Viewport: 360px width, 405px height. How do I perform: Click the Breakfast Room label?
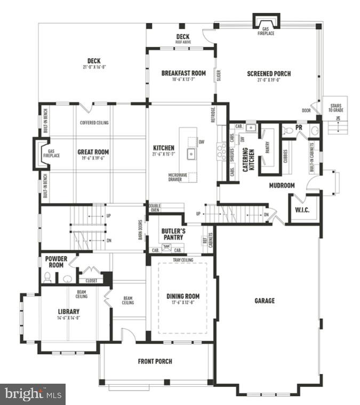[183, 73]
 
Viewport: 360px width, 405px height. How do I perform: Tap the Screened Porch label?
[269, 74]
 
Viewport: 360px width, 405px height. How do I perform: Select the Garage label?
[265, 301]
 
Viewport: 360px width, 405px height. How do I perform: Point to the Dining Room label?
[183, 296]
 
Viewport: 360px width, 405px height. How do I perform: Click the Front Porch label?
[155, 361]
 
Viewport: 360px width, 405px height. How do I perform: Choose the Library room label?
[69, 312]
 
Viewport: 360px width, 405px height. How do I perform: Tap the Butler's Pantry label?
[173, 234]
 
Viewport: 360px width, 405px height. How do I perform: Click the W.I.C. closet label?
[302, 210]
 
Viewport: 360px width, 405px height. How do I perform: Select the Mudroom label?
[282, 185]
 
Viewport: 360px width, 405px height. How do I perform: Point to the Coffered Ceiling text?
[94, 123]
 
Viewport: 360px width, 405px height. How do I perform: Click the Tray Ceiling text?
[183, 260]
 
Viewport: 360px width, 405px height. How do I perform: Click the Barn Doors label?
[140, 230]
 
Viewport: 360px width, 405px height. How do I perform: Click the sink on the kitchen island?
[190, 154]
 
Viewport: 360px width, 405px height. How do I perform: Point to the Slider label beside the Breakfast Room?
[218, 76]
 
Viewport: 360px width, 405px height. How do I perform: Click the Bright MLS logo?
[33, 394]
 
